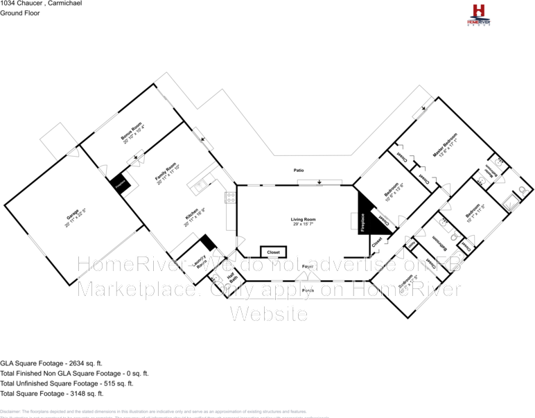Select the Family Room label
167,169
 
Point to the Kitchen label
192,216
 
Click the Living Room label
303,221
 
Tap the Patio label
299,170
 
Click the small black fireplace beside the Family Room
119,184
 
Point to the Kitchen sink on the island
199,185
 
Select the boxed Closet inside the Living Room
272,252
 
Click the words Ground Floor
19,13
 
